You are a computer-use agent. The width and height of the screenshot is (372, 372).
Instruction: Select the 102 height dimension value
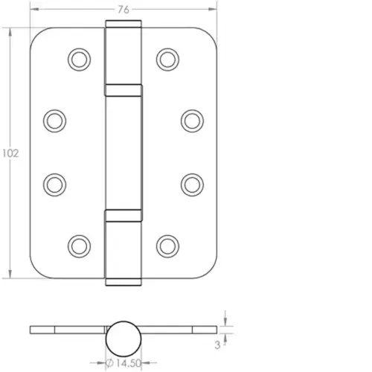9,153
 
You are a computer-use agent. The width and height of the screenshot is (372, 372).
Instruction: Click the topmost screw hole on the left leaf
79,59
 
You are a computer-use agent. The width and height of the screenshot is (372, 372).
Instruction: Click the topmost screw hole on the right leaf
169,59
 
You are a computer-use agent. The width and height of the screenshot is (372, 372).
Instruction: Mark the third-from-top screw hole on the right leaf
191,182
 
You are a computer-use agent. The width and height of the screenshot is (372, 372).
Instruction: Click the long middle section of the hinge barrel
124,153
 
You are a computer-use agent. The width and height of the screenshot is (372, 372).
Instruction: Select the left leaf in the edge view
67,329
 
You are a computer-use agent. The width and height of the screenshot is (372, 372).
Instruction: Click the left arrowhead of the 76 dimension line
33,9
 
